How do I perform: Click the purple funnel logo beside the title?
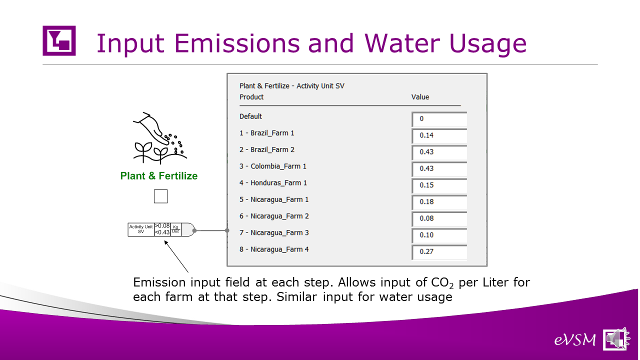tap(59, 40)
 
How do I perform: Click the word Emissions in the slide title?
tap(237, 43)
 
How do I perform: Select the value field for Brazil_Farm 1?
tap(439, 135)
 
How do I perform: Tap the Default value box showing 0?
tap(439, 119)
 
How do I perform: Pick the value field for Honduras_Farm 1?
tap(439, 185)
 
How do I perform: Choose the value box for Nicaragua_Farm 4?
tap(439, 252)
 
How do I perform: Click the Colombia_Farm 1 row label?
tap(273, 166)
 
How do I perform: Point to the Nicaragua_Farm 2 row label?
tap(274, 216)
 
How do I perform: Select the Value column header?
tap(420, 97)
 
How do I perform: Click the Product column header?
tap(251, 97)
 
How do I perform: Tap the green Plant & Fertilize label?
tap(159, 176)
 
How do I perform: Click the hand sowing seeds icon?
tap(160, 138)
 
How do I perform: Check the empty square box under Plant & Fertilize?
tap(161, 196)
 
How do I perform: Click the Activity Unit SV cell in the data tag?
tap(141, 229)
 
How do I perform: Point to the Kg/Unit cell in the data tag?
tap(175, 229)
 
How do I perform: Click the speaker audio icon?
tap(616, 339)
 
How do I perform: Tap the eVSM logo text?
tap(575, 340)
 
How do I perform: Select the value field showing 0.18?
tap(439, 202)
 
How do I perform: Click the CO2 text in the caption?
tap(442, 283)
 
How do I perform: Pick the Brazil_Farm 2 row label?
tap(267, 149)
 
